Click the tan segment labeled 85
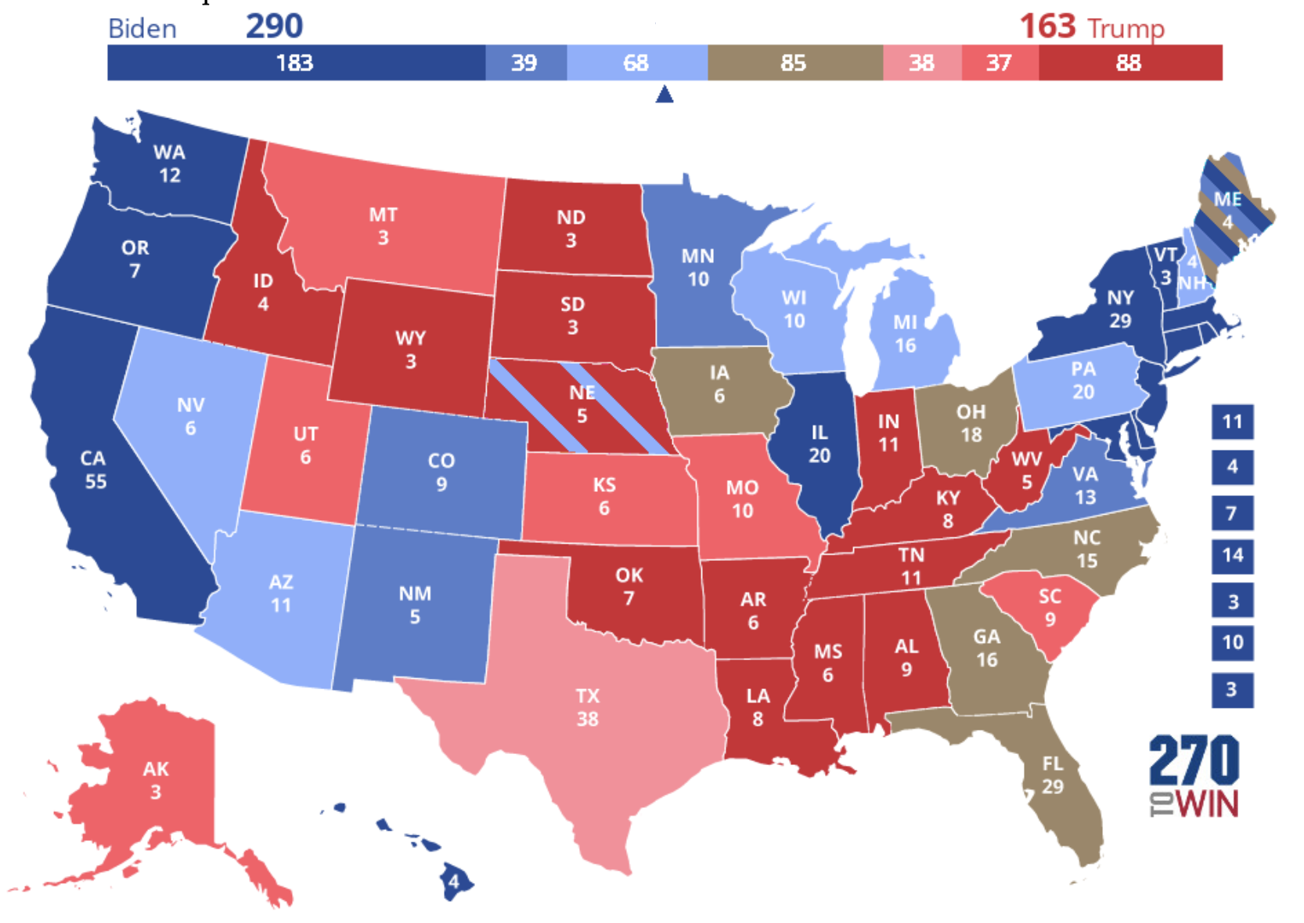(x=794, y=63)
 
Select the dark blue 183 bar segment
(x=295, y=63)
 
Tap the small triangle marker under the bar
(x=664, y=95)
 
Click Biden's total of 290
(x=274, y=27)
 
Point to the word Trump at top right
(x=1125, y=28)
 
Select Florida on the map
(x=1053, y=774)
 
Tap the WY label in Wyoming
(x=410, y=338)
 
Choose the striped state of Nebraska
(x=582, y=404)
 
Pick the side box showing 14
(x=1232, y=555)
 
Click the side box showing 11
(x=1232, y=422)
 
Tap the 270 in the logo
(x=1194, y=760)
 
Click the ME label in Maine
(x=1227, y=199)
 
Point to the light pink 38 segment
(x=921, y=63)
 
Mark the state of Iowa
(x=719, y=384)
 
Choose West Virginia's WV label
(x=1026, y=459)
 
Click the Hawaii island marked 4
(x=453, y=882)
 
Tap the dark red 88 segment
(x=1129, y=63)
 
